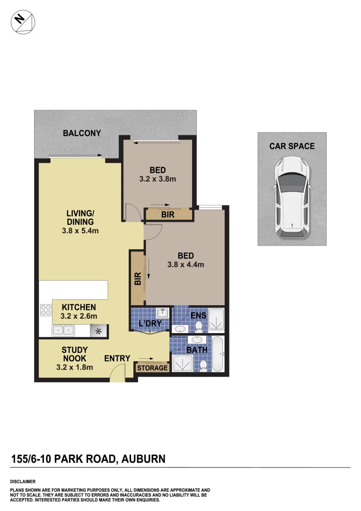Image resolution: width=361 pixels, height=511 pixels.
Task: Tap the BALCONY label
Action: tap(82, 133)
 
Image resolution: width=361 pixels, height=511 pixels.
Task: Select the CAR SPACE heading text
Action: tap(292, 146)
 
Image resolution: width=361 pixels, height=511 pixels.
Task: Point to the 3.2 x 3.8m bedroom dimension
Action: tap(158, 179)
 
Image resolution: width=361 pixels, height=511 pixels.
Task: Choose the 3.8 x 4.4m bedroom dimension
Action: tap(185, 265)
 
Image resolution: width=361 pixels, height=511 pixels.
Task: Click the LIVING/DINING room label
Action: tap(80, 222)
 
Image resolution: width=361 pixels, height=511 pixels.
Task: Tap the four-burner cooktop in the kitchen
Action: tap(46, 310)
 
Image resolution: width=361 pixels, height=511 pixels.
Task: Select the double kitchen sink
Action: tap(63, 330)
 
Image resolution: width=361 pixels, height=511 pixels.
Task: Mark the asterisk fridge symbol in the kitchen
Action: tap(99, 331)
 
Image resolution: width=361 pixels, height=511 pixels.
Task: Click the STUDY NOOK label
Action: tap(75, 358)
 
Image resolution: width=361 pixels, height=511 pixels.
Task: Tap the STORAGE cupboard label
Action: tap(152, 368)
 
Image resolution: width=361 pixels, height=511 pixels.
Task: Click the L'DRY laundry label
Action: tap(150, 324)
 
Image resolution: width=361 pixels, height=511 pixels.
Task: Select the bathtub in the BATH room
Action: tap(218, 354)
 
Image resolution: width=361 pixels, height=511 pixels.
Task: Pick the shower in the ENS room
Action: tap(217, 318)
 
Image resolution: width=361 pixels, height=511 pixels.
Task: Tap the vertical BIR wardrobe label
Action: tap(138, 278)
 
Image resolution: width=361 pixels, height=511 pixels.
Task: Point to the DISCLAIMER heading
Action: tap(23, 481)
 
